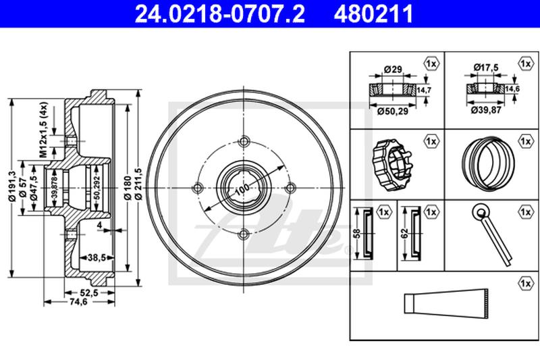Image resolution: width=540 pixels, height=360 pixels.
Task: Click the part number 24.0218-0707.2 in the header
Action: [x=220, y=14]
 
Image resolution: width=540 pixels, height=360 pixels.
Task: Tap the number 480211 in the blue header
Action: [x=373, y=14]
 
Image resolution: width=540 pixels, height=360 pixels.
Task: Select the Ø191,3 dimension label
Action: [x=12, y=186]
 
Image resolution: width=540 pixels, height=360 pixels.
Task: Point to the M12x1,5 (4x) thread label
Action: [x=43, y=130]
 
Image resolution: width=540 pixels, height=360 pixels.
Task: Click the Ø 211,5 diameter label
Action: [x=139, y=184]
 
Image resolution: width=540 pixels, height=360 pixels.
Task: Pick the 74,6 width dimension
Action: [x=79, y=302]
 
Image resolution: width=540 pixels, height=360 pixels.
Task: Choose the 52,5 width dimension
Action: [x=89, y=292]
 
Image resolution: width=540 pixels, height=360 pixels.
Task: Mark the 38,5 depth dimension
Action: [x=97, y=257]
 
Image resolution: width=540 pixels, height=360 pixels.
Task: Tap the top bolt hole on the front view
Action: [x=244, y=141]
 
